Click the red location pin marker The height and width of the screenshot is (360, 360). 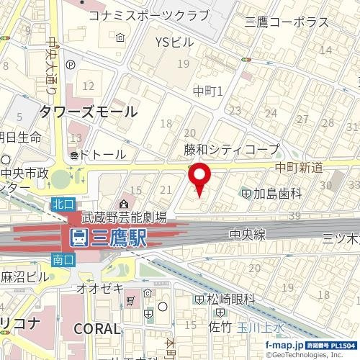pyautogui.click(x=199, y=179)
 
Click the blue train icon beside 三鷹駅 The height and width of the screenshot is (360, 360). pyautogui.click(x=78, y=238)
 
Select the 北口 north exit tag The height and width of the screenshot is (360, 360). pyautogui.click(x=62, y=205)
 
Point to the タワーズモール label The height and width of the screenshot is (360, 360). pyautogui.click(x=89, y=112)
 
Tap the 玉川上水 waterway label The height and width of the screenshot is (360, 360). pyautogui.click(x=263, y=327)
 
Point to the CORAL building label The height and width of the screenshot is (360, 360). pyautogui.click(x=97, y=328)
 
